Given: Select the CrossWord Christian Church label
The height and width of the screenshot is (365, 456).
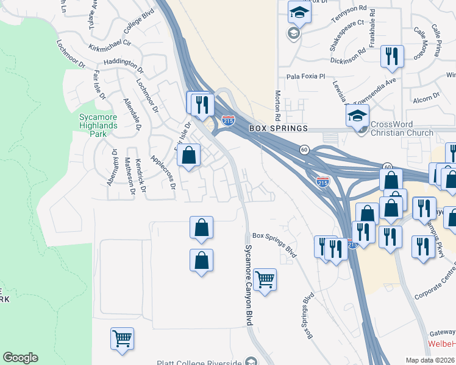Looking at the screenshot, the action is [402, 128].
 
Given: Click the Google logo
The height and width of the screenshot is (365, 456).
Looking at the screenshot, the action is [20, 358].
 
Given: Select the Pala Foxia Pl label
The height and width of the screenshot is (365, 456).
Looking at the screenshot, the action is [307, 77].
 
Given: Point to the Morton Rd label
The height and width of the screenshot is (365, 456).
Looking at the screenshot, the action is [277, 105].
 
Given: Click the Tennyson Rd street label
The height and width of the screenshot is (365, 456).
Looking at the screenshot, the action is [349, 15].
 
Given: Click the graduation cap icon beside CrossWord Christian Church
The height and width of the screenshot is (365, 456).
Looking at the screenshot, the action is [358, 115].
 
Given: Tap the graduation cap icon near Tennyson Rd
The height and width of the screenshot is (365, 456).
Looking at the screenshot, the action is [299, 12].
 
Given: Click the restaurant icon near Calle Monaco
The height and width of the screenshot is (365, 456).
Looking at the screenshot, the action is [392, 56].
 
